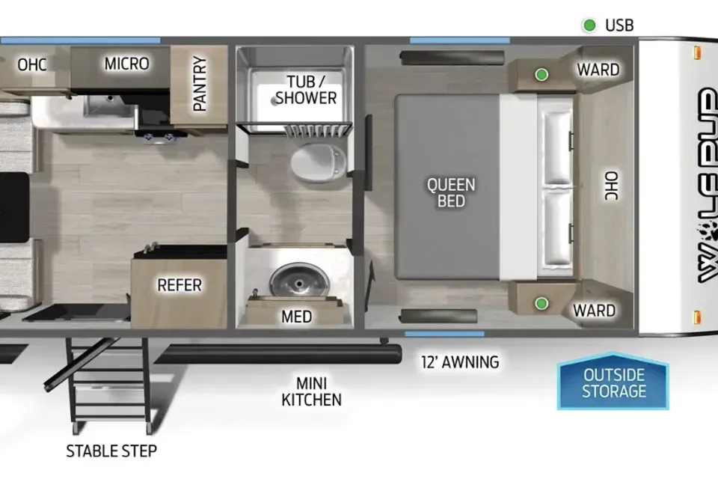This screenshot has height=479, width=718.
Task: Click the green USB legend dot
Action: pyautogui.click(x=589, y=25)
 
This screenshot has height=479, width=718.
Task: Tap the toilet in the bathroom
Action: pyautogui.click(x=319, y=162)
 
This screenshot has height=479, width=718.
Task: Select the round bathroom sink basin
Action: pyautogui.click(x=299, y=280)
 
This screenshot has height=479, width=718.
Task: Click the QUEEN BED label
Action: pyautogui.click(x=451, y=192)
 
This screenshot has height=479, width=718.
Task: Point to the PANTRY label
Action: pyautogui.click(x=200, y=83)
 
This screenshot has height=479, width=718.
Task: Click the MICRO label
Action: pyautogui.click(x=127, y=64)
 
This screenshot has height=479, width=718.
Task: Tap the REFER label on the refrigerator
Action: pyautogui.click(x=179, y=285)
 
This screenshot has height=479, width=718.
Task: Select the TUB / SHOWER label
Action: pyautogui.click(x=306, y=90)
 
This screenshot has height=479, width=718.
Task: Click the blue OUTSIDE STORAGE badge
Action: pyautogui.click(x=613, y=382)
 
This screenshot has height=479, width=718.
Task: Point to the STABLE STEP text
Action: pyautogui.click(x=111, y=451)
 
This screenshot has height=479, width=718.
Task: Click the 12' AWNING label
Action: pyautogui.click(x=460, y=362)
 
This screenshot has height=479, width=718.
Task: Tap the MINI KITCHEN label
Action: pyautogui.click(x=311, y=391)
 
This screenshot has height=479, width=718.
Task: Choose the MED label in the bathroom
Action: pyautogui.click(x=297, y=317)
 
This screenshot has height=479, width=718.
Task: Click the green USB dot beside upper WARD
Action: pyautogui.click(x=541, y=74)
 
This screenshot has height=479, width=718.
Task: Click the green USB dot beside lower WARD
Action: pyautogui.click(x=541, y=303)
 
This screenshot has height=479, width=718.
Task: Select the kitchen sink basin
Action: pyautogui.click(x=109, y=106)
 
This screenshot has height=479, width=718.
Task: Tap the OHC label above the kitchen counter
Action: pyautogui.click(x=32, y=64)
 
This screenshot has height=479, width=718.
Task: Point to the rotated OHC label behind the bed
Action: pyautogui.click(x=611, y=186)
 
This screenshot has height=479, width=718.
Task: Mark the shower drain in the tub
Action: pyautogui.click(x=274, y=101)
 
